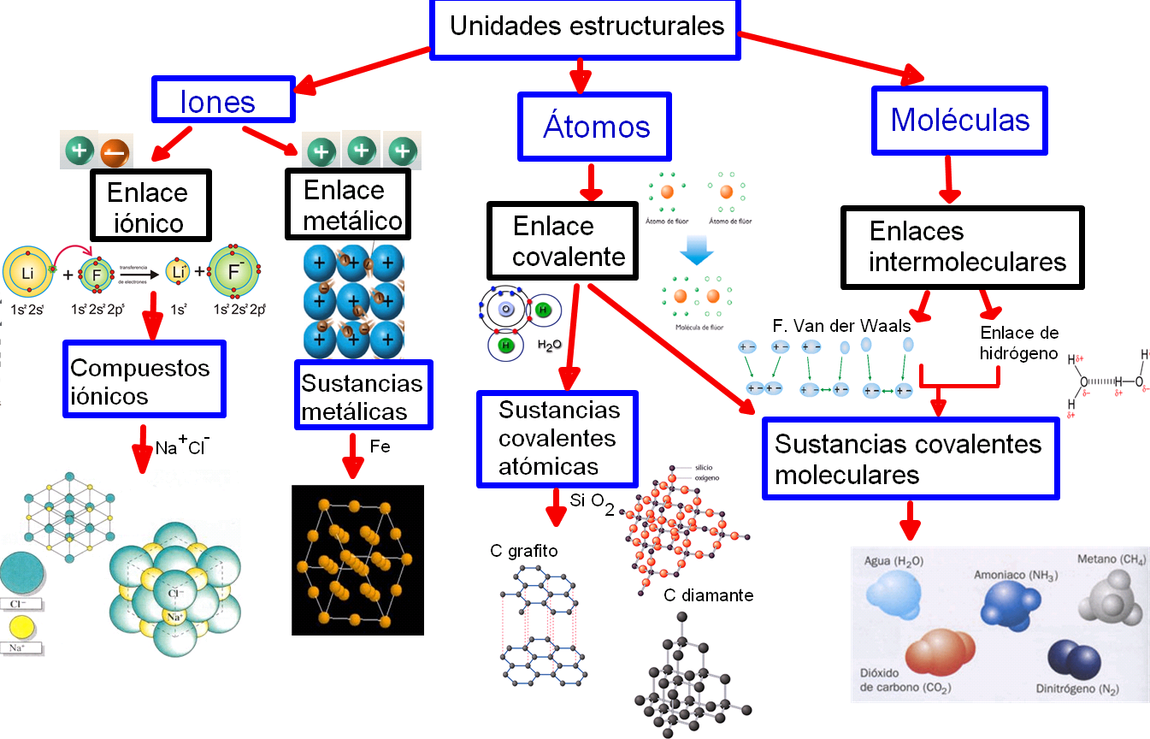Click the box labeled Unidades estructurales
point(586,28)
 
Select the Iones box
point(223,100)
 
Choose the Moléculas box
point(959,120)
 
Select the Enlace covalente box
point(563,241)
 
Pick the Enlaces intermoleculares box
point(962,245)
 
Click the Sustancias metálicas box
point(363,395)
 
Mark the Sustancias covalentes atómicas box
point(557,438)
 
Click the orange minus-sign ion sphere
point(113,153)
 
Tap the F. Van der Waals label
point(840,326)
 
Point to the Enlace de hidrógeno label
point(1018,342)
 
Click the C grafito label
point(523,551)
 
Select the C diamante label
point(708,595)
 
